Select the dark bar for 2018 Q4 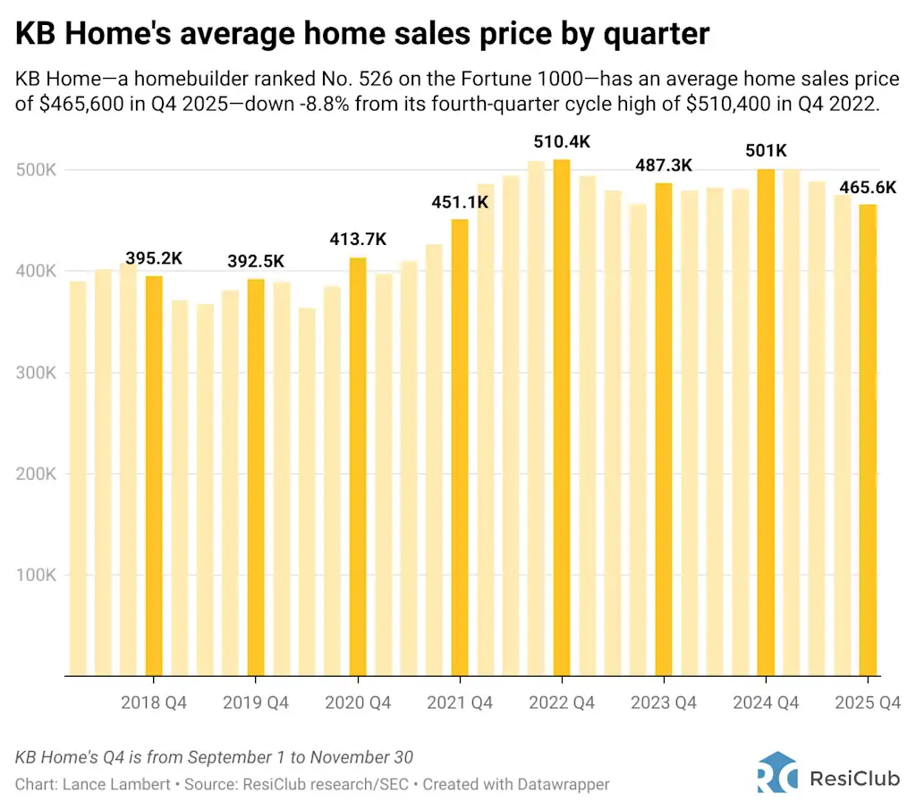pos(154,475)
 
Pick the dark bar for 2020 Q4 pos(358,466)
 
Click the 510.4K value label pos(561,142)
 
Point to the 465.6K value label pos(867,188)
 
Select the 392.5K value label pos(255,261)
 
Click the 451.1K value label pos(459,202)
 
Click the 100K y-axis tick pos(38,575)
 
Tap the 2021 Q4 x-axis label pos(459,704)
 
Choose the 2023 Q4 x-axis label pos(663,704)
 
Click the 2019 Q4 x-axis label pos(255,704)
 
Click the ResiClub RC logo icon pos(776,772)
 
